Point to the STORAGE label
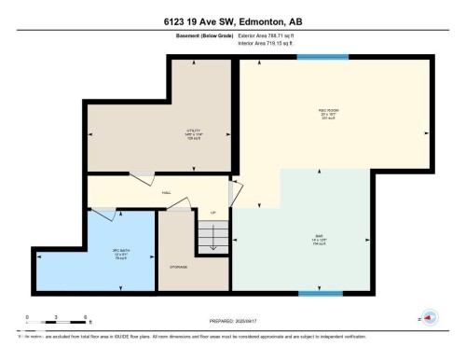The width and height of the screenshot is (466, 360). (179, 267)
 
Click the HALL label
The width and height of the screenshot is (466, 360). (166, 193)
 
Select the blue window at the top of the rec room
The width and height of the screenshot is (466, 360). (316, 58)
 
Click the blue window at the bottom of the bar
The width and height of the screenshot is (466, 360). (320, 293)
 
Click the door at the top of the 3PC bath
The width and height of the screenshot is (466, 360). (103, 215)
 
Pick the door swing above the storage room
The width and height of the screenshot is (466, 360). (176, 207)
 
